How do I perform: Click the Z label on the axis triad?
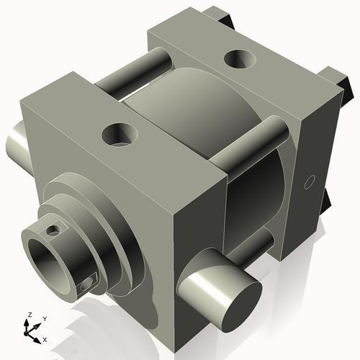click(x=28, y=315)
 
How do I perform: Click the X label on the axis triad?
click(x=45, y=338)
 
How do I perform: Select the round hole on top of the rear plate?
click(x=238, y=58)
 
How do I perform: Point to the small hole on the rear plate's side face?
click(x=310, y=181)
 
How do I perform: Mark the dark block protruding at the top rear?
click(x=220, y=18)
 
